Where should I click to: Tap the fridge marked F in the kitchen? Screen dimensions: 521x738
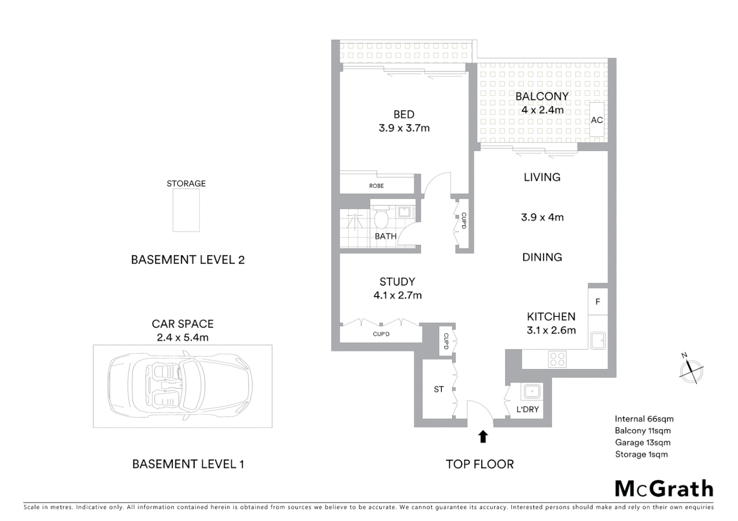pos(598,302)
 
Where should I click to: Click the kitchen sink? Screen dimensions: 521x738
pos(598,341)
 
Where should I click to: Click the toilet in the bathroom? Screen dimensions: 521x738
pos(382,219)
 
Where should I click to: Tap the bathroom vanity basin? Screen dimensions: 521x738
pos(404,212)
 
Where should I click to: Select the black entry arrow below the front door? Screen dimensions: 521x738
pos(483,437)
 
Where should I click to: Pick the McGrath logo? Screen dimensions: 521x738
pos(664,489)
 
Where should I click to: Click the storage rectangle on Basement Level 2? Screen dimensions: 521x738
pos(186,210)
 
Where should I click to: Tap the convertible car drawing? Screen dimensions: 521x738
pos(181,386)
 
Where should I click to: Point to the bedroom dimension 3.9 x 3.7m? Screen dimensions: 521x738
pos(404,128)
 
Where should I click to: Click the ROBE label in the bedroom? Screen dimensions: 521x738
pos(376,186)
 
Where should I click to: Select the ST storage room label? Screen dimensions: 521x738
pos(439,389)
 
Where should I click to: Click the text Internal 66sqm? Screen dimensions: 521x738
pos(644,419)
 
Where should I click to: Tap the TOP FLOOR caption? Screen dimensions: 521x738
pos(480,464)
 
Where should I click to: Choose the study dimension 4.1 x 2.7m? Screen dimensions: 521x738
pos(397,295)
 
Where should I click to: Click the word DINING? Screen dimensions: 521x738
pos(542,257)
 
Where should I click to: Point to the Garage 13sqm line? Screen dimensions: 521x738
pos(642,442)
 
